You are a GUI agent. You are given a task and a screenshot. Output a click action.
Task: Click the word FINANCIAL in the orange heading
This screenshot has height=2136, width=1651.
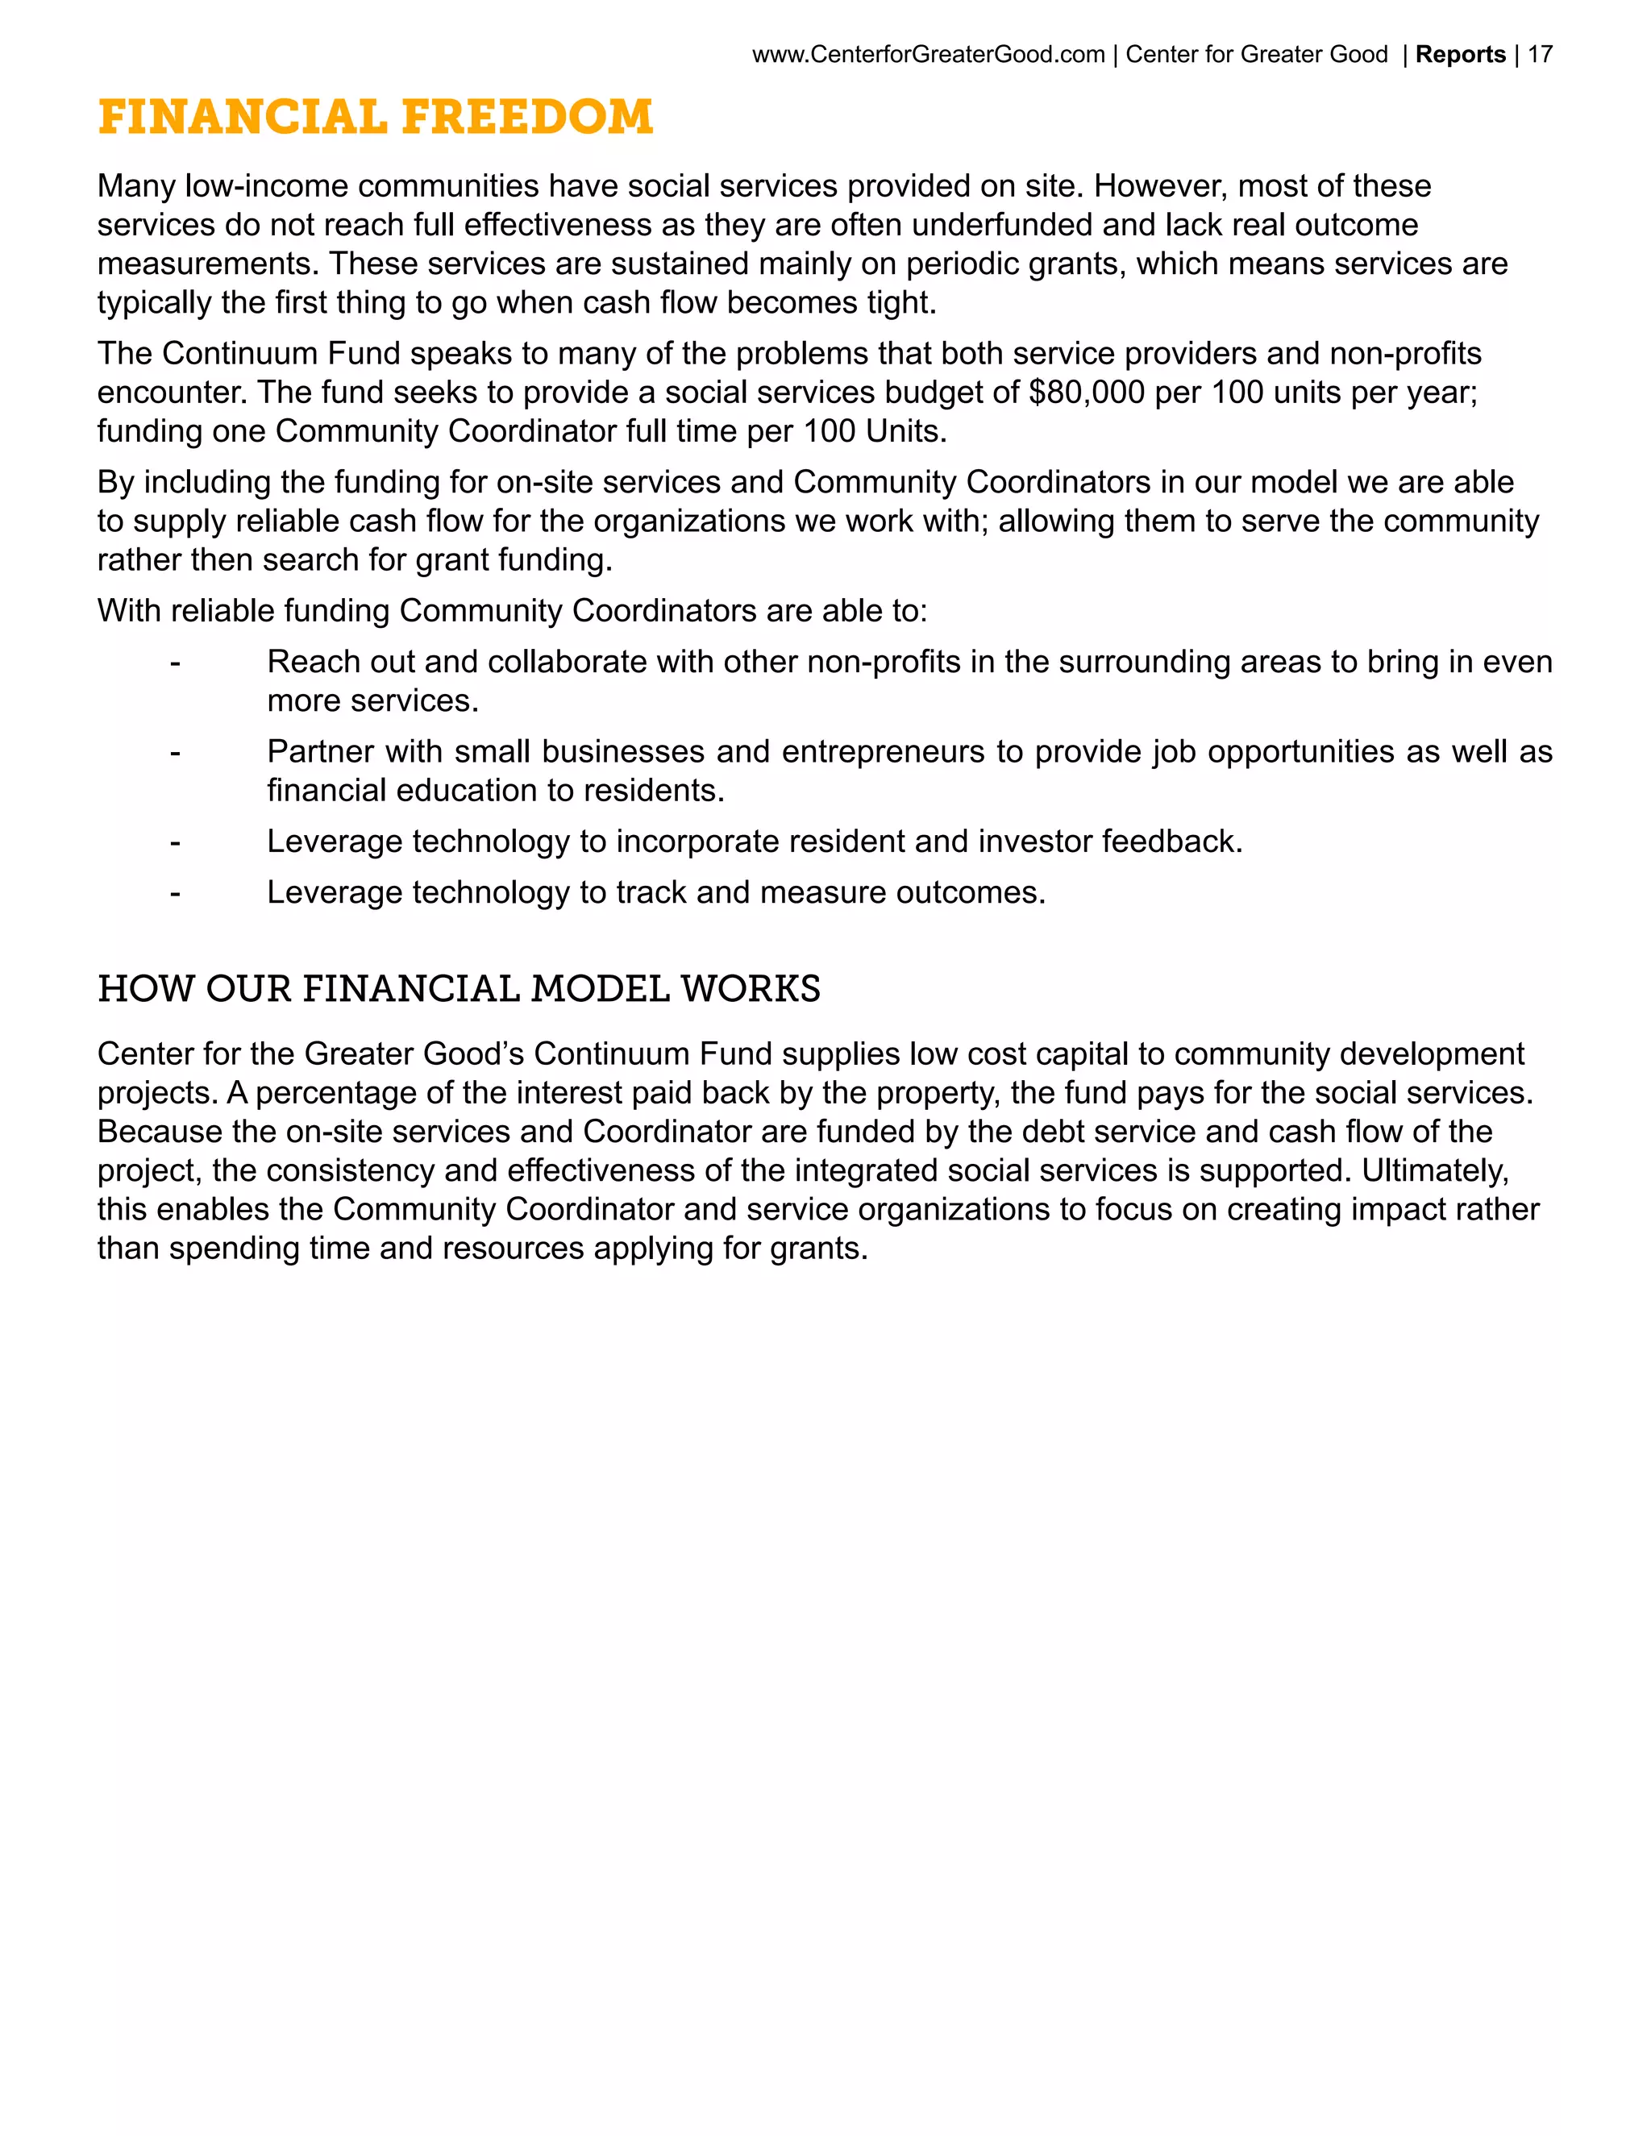pyautogui.click(x=243, y=118)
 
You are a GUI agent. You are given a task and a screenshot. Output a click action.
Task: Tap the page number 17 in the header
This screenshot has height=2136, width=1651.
pyautogui.click(x=1540, y=55)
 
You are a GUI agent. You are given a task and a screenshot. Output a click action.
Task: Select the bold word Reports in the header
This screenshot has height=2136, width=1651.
pyautogui.click(x=1459, y=55)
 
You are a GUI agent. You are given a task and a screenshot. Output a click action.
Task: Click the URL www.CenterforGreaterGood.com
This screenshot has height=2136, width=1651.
pyautogui.click(x=927, y=55)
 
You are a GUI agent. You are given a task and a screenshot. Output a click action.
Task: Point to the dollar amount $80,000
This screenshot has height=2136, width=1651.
pyautogui.click(x=1086, y=393)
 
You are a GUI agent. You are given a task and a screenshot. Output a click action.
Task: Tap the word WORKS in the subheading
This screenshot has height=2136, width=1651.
pyautogui.click(x=751, y=989)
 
